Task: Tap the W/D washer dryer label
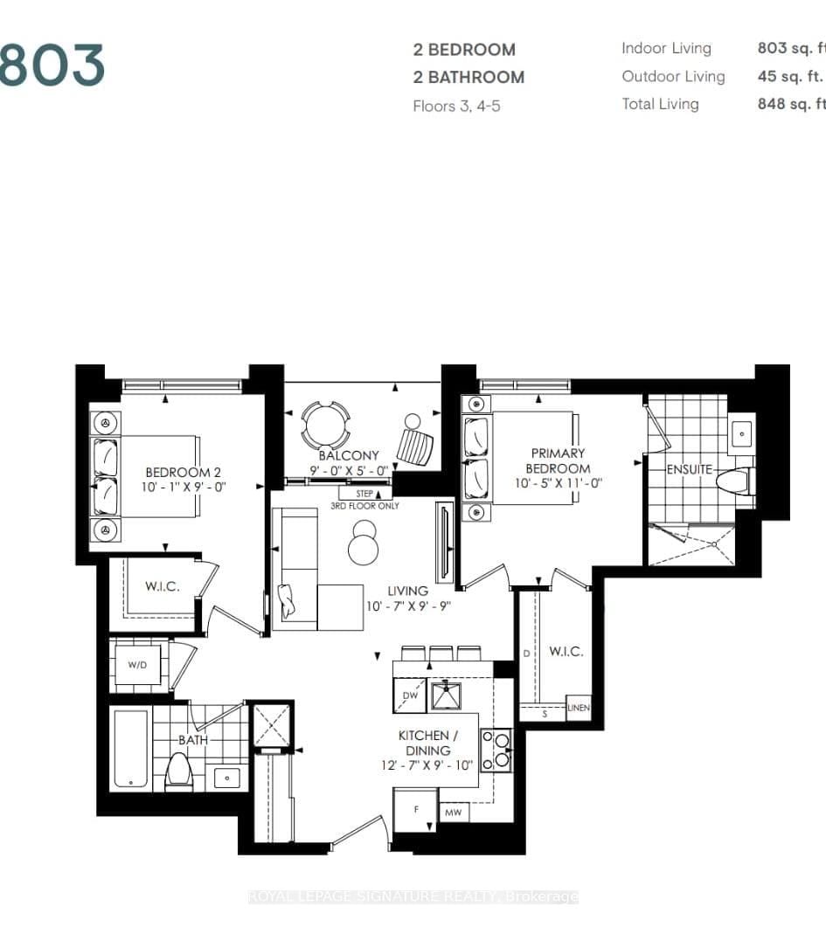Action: [x=138, y=665]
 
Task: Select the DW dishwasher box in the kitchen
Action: [x=409, y=695]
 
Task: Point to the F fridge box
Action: [x=417, y=809]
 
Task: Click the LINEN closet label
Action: [x=579, y=708]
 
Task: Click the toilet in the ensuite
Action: [x=733, y=481]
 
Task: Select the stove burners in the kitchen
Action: [x=496, y=749]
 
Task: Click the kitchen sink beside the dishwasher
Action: [x=450, y=695]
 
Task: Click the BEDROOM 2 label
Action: [x=184, y=479]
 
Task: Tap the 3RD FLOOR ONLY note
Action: [x=364, y=506]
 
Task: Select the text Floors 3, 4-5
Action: [x=456, y=106]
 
